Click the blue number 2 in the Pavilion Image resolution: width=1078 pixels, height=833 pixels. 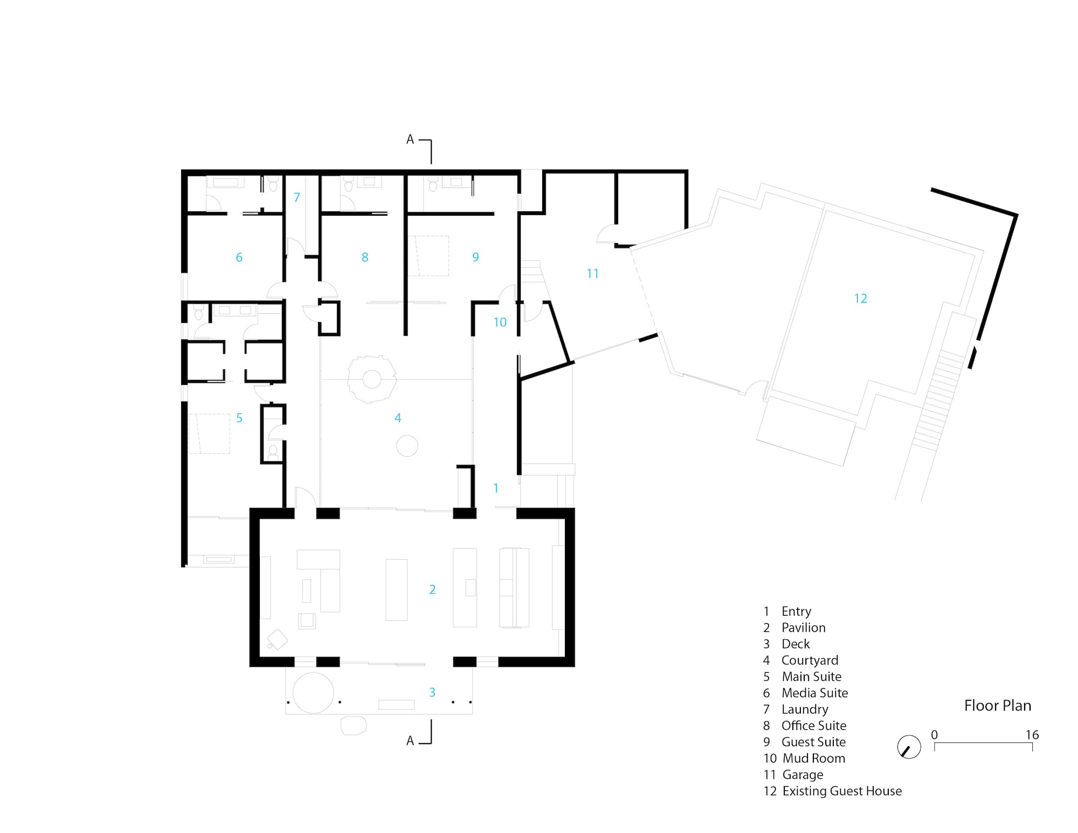(432, 589)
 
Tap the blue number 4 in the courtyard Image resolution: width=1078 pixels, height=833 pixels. (398, 418)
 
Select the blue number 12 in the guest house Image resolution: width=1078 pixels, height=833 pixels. (860, 298)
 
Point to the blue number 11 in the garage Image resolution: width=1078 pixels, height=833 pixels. (592, 274)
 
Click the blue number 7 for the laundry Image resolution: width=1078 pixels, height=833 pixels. (297, 197)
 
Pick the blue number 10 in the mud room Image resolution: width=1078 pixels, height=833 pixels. (500, 322)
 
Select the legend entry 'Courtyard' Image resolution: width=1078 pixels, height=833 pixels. (810, 660)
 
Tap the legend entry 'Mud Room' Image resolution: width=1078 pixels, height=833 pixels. (814, 758)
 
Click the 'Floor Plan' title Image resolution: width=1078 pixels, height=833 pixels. (998, 705)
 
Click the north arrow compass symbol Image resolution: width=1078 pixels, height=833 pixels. (909, 747)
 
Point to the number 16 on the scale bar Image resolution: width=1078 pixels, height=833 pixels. (1032, 735)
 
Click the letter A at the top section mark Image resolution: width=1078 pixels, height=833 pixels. (410, 140)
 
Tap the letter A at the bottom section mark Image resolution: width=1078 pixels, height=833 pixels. (410, 741)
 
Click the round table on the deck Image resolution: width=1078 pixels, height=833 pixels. (313, 693)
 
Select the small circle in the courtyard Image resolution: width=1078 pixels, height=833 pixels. (407, 446)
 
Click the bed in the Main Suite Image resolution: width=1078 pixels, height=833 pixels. (209, 433)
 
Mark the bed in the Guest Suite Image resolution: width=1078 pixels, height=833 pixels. (429, 256)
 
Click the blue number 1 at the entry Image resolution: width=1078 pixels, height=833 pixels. (496, 488)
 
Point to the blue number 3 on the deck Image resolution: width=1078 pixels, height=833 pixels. (432, 692)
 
